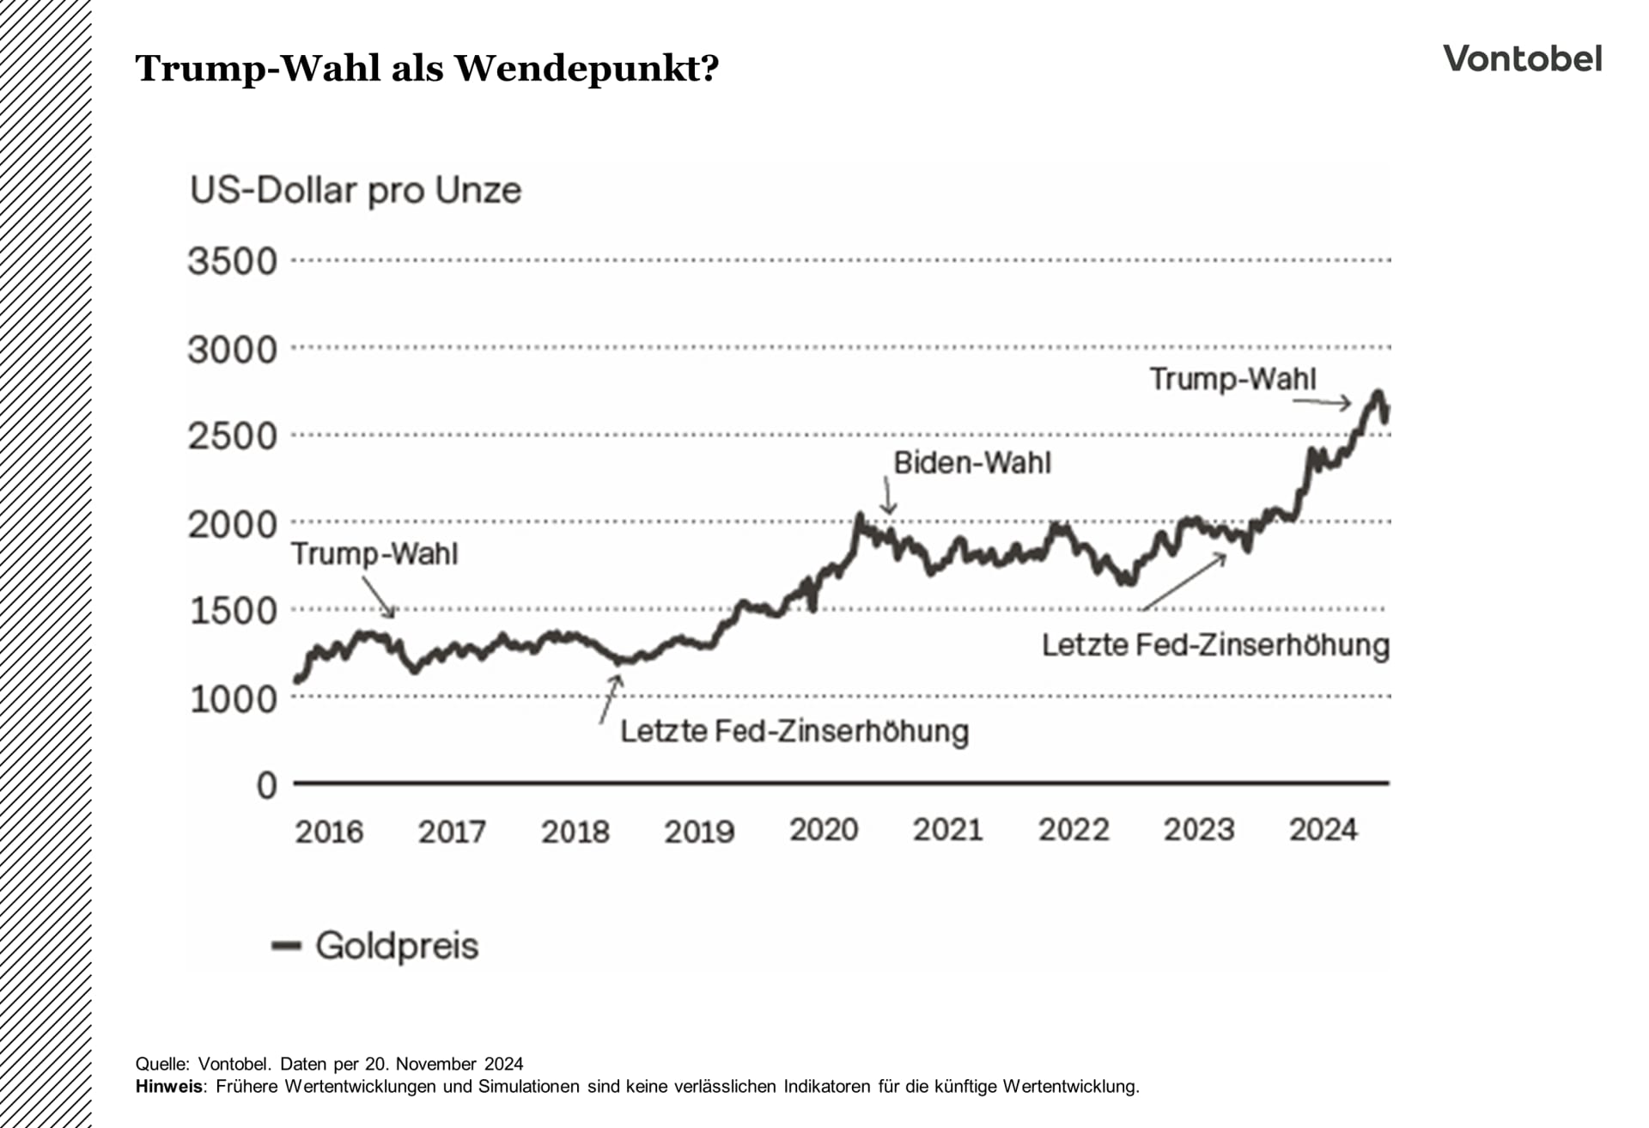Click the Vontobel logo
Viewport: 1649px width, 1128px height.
coord(1522,59)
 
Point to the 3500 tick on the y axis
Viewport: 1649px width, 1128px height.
coord(233,261)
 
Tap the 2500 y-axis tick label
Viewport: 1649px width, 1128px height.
coord(233,436)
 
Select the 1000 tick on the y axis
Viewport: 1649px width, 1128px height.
coord(233,699)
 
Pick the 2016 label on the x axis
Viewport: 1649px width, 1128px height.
coord(329,832)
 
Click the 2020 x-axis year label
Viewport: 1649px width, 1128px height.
coord(824,830)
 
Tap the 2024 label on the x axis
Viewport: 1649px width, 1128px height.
coord(1323,830)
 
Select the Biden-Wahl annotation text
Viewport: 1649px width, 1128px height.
coord(972,463)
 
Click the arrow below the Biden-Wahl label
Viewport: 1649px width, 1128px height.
coord(888,497)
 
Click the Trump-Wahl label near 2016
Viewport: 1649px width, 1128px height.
coord(374,554)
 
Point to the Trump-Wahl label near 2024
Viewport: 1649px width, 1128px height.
coord(1232,379)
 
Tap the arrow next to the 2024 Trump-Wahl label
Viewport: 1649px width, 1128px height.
coord(1323,402)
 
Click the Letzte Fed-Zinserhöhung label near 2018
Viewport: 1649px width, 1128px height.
coord(794,731)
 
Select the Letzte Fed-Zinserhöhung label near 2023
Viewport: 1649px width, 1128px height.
coord(1215,645)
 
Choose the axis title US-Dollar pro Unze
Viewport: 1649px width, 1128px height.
coord(356,191)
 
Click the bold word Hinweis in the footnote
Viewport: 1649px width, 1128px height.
coord(169,1087)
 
